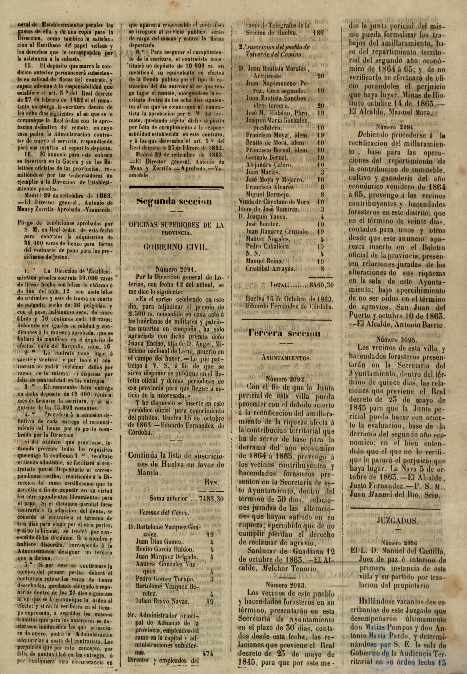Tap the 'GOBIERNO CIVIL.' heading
pos(176,247)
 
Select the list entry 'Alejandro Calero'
pos(269,164)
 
